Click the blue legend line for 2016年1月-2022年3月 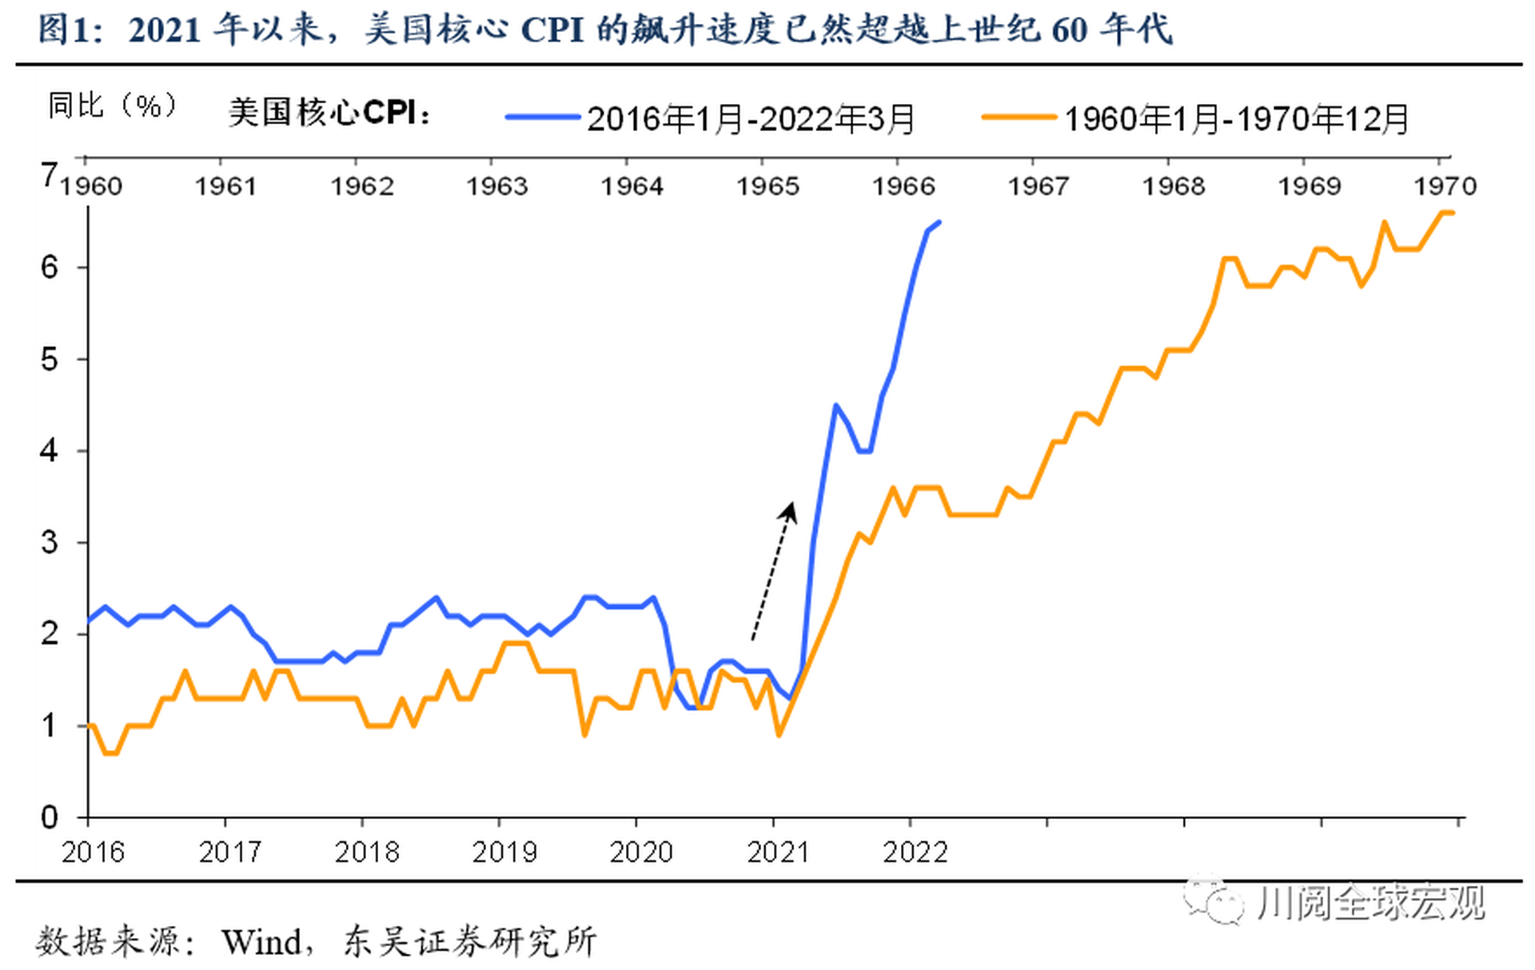pos(542,118)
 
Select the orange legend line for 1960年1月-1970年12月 pos(1019,118)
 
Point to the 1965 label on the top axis pos(767,186)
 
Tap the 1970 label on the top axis pos(1445,186)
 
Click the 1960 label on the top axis pos(91,186)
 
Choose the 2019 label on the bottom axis pos(504,852)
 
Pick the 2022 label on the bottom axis pos(915,852)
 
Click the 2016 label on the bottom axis pos(93,852)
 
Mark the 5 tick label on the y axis pos(50,360)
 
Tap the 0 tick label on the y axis pos(50,818)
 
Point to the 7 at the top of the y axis pos(50,174)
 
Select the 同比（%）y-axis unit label pos(112,106)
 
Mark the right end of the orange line pos(1452,213)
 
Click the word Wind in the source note pos(261,942)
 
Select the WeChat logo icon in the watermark pos(1214,901)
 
